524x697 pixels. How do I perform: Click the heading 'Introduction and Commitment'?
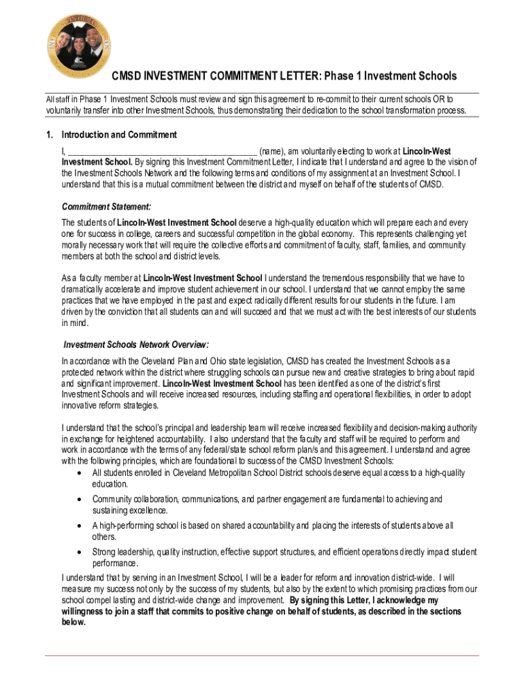[119, 135]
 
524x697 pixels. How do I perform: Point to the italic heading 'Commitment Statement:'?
[106, 207]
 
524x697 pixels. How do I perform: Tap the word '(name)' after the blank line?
[272, 151]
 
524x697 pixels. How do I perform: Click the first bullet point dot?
[81, 472]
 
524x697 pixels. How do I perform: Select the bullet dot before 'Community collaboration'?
[81, 499]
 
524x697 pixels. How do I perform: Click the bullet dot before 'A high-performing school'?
[81, 525]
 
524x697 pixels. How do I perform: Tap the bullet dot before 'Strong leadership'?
[81, 552]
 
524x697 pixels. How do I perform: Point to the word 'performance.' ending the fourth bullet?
[116, 564]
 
